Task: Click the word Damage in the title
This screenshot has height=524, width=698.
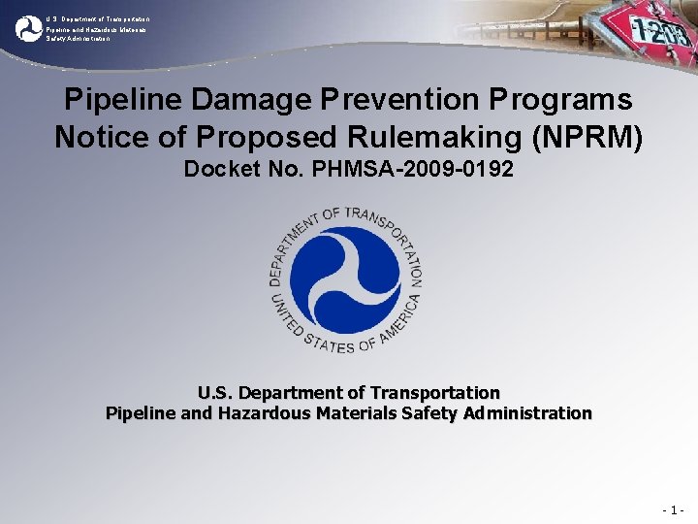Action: [246, 100]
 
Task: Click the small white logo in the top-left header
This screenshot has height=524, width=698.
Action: [29, 28]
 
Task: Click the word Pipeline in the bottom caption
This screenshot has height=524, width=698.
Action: [141, 413]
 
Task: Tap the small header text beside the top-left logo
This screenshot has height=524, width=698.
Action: [96, 29]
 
